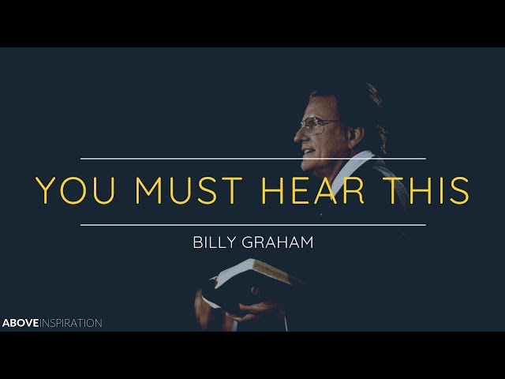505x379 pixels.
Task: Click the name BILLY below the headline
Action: pyautogui.click(x=214, y=242)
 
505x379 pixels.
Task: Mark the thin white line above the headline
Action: pyautogui.click(x=252, y=159)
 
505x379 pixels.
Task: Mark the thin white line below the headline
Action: pyautogui.click(x=252, y=225)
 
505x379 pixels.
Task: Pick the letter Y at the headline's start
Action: pyautogui.click(x=46, y=192)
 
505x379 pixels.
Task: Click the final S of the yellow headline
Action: pyautogui.click(x=458, y=192)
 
